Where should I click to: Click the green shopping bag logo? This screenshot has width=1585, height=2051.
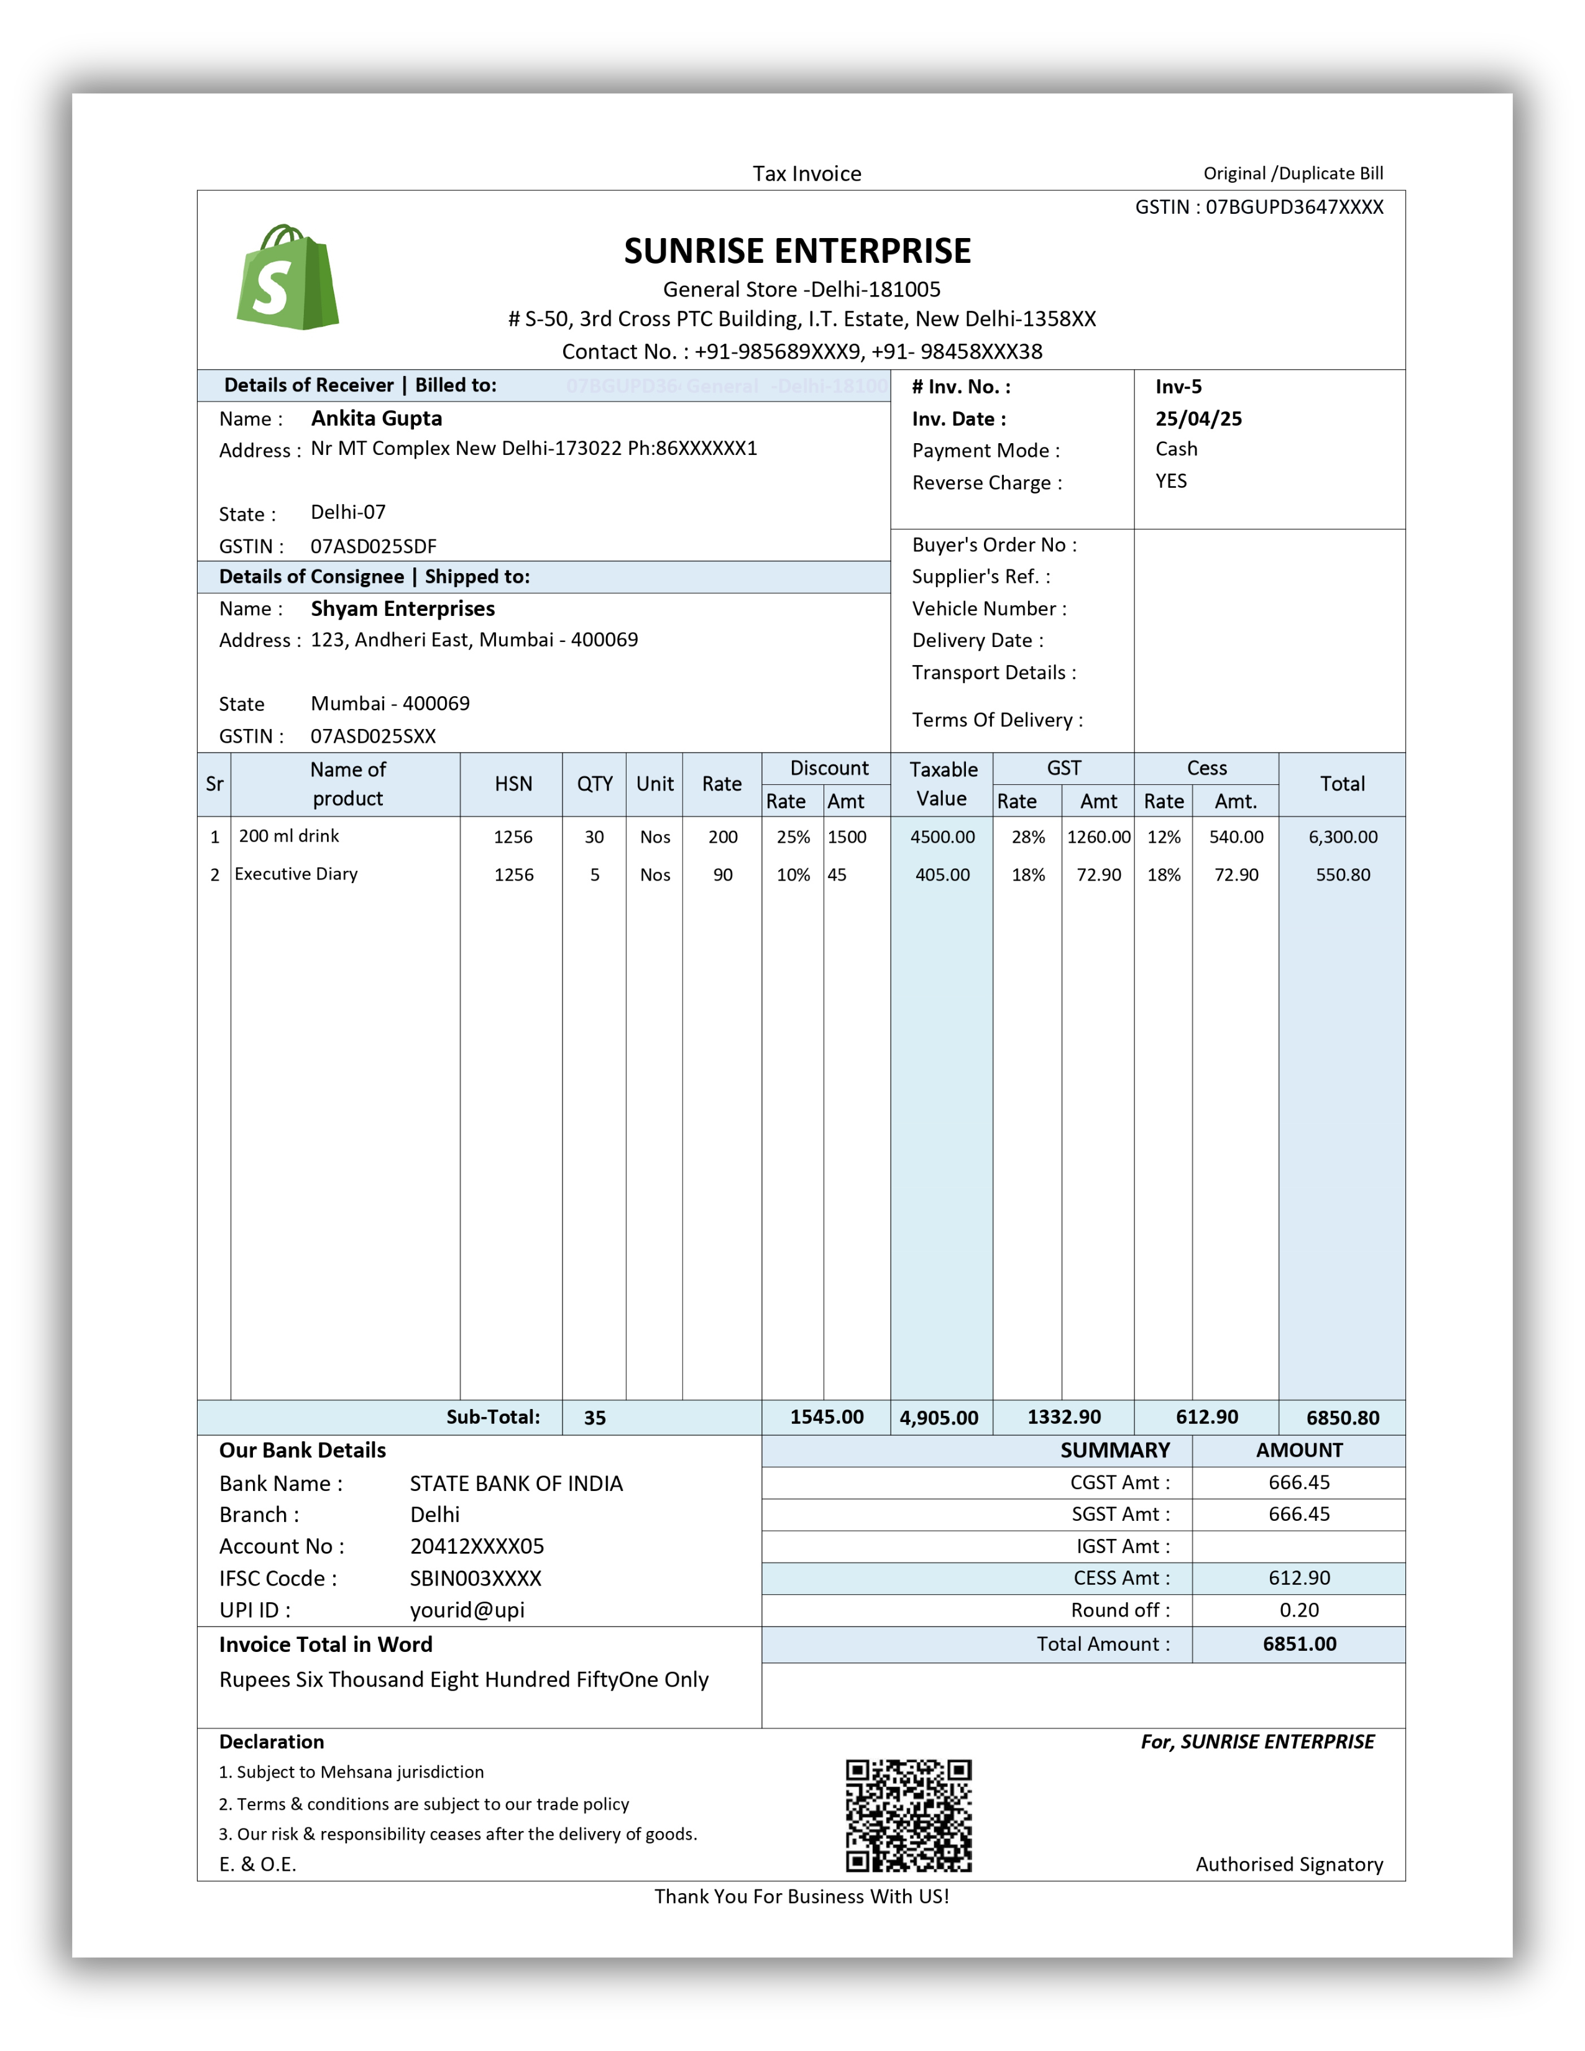click(287, 278)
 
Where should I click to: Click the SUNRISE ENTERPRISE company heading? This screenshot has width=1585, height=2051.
click(797, 250)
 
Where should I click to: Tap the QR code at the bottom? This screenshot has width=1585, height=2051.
click(908, 1815)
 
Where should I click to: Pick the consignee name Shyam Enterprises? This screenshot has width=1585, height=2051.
click(402, 608)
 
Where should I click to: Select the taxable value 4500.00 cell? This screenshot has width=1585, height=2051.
click(942, 837)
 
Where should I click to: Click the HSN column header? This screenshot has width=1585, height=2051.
click(513, 784)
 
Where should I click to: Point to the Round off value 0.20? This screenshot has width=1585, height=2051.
click(1298, 1610)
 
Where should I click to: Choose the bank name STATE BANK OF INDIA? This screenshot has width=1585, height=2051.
click(515, 1484)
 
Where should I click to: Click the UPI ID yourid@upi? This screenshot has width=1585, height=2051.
click(467, 1610)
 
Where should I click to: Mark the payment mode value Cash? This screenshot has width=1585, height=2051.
click(1175, 449)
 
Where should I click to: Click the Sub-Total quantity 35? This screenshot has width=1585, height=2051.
click(594, 1418)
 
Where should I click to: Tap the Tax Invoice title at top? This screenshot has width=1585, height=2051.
click(807, 174)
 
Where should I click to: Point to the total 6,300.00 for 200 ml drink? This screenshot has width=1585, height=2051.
click(1342, 837)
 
